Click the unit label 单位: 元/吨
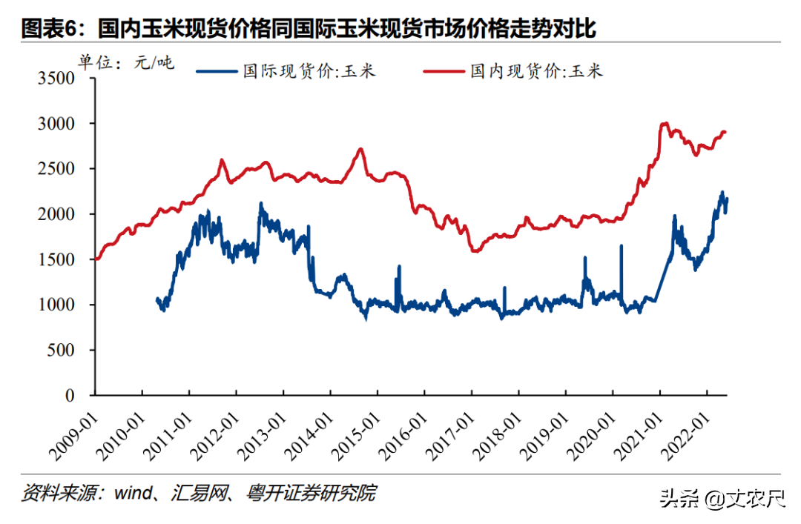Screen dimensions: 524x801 tap(126, 63)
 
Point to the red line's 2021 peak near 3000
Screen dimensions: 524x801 tap(665, 124)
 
